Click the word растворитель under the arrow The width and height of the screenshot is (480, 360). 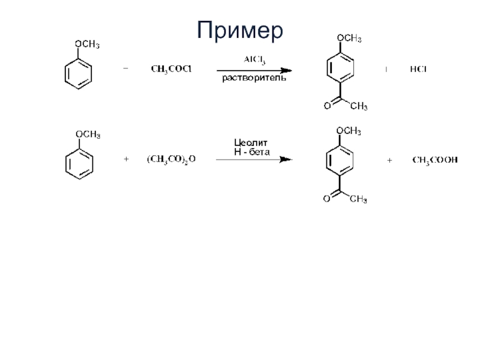(x=250, y=78)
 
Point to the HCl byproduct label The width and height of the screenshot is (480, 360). (x=418, y=70)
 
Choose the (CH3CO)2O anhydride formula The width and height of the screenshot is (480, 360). (x=171, y=160)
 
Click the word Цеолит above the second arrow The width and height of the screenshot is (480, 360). (x=250, y=143)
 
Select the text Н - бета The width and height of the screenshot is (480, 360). (x=251, y=152)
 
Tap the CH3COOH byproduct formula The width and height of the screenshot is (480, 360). (x=434, y=160)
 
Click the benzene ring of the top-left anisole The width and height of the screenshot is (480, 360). (x=79, y=74)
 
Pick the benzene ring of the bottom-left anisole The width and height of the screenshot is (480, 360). (x=79, y=163)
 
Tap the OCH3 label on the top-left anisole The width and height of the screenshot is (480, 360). (x=86, y=45)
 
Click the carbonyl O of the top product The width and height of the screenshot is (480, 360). (x=327, y=106)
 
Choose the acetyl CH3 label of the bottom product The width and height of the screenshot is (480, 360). (x=358, y=200)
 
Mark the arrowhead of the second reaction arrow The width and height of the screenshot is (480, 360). (x=287, y=160)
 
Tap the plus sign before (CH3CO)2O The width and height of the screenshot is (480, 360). (x=125, y=160)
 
